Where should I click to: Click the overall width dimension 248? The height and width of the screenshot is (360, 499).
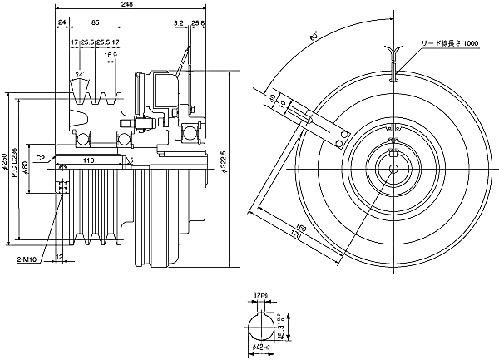tap(126, 5)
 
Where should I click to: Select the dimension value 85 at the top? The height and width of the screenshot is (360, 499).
tap(97, 23)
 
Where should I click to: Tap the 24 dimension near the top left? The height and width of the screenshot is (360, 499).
tap(62, 23)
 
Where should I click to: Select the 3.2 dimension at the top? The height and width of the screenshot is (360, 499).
tap(180, 23)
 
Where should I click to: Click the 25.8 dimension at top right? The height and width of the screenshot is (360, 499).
tap(198, 23)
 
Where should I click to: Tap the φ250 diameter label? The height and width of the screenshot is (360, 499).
tap(7, 163)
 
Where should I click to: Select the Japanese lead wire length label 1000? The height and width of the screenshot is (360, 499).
tap(449, 42)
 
